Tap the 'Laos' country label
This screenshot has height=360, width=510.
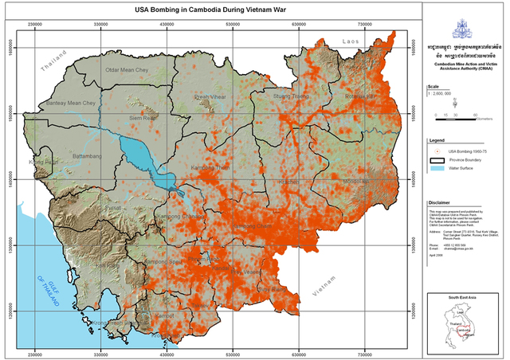pos(351,40)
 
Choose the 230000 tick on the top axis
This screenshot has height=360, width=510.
pos(36,25)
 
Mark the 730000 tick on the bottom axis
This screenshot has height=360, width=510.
pos(367,350)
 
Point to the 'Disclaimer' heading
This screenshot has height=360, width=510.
pos(441,203)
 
